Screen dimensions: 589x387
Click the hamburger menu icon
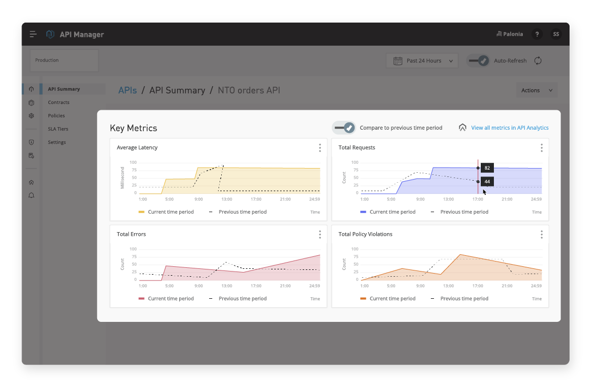33,34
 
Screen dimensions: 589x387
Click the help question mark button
537,34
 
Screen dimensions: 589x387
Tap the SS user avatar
556,34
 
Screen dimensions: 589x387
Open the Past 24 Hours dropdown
422,61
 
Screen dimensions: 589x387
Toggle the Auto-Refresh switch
478,60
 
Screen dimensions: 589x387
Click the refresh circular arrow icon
538,60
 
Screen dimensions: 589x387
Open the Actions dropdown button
536,90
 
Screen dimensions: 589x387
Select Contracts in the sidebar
59,102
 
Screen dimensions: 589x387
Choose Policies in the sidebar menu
56,116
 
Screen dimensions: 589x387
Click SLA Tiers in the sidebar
58,129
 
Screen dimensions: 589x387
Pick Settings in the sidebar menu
57,142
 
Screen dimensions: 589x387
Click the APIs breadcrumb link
127,90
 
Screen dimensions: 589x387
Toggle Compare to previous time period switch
344,128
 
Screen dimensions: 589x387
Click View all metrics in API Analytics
510,128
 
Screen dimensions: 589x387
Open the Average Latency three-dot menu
320,148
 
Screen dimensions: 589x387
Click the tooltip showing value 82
487,168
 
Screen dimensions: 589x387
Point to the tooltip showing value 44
487,182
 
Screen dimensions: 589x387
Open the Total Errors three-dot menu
320,235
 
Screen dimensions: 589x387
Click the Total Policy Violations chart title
365,234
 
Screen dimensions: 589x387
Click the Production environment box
64,60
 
